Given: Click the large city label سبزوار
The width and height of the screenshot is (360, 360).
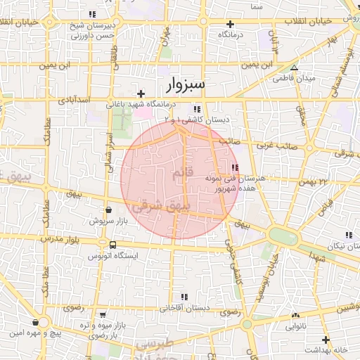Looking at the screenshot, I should coord(186,85).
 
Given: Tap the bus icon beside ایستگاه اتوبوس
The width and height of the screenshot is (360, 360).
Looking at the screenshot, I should coord(112,245).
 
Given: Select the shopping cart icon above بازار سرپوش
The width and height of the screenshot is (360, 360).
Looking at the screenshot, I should coord(108,210).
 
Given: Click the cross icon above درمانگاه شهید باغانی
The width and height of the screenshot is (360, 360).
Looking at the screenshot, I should coord(141,94).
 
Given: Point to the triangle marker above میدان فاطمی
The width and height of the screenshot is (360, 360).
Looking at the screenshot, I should coord(295,68).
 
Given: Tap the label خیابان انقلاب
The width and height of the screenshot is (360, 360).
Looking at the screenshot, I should coord(305,21).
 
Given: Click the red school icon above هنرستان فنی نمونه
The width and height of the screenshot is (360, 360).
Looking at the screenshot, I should coord(234,167).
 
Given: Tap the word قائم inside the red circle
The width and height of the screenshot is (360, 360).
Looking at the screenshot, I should coord(180,172).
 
